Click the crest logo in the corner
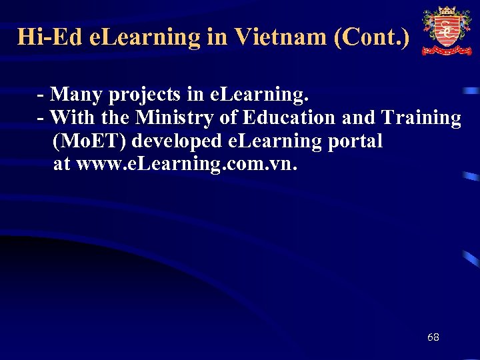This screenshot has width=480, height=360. pyautogui.click(x=446, y=31)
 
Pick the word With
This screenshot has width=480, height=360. pyautogui.click(x=72, y=118)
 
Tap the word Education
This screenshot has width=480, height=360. pyautogui.click(x=289, y=118)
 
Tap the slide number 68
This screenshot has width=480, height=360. pyautogui.click(x=433, y=337)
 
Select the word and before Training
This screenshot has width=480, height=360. pyautogui.click(x=358, y=118)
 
